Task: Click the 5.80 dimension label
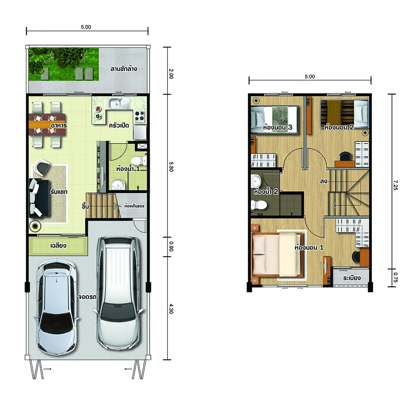click(x=171, y=166)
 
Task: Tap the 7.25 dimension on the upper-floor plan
click(x=395, y=185)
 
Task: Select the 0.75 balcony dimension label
click(x=395, y=277)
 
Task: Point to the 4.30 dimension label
click(x=171, y=309)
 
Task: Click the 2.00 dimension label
click(x=171, y=74)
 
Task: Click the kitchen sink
click(x=119, y=103)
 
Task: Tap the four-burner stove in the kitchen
click(x=140, y=116)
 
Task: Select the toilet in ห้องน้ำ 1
click(x=139, y=160)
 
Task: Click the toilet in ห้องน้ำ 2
click(x=258, y=205)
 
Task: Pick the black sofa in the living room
click(x=39, y=198)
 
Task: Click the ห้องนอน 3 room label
click(x=278, y=128)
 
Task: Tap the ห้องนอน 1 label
click(x=309, y=247)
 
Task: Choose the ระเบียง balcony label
click(x=352, y=278)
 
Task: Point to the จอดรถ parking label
click(x=87, y=297)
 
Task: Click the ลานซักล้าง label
click(x=124, y=69)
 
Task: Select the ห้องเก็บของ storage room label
click(x=134, y=206)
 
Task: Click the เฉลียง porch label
click(x=58, y=246)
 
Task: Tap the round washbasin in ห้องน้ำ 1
click(x=119, y=184)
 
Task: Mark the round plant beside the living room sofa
click(x=35, y=225)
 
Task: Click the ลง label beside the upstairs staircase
click(x=323, y=181)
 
